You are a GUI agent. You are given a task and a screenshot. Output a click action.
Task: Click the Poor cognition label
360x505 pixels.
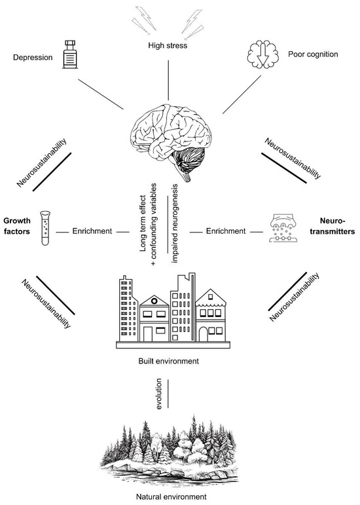click(316, 54)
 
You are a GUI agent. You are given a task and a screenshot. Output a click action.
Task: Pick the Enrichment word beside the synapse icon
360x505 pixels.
click(225, 231)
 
